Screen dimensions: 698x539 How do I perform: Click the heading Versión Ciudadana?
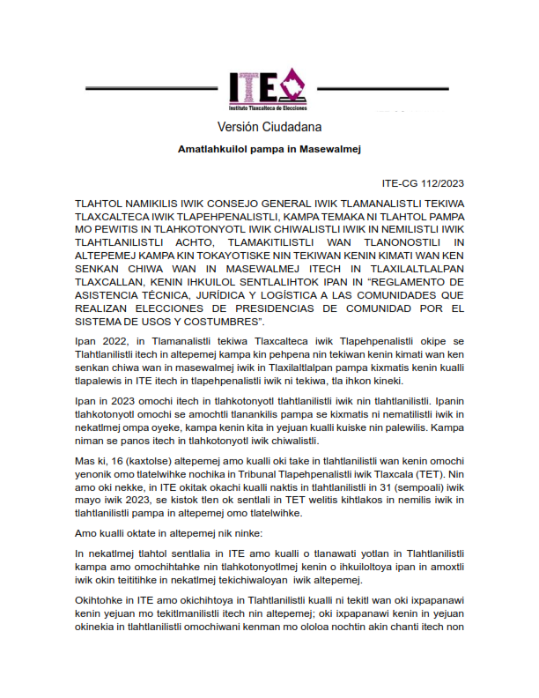click(269, 127)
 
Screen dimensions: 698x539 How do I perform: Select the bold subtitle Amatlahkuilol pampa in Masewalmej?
click(269, 151)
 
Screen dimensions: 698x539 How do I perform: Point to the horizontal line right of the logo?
click(382, 89)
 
